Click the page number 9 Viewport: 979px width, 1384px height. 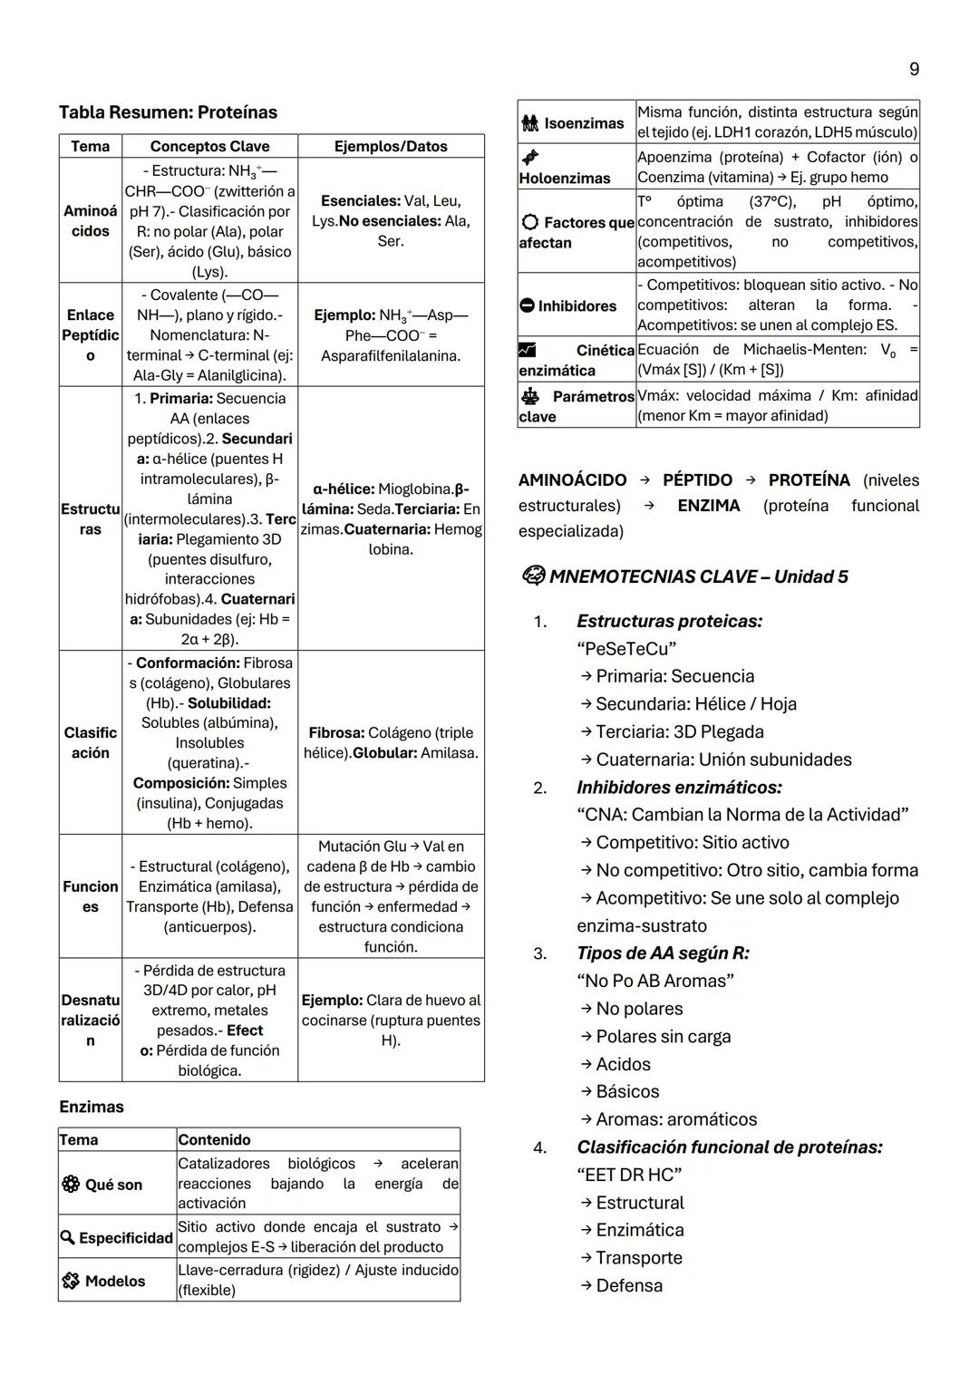[914, 69]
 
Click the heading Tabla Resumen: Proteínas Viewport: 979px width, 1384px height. [168, 112]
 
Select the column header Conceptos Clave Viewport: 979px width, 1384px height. [209, 146]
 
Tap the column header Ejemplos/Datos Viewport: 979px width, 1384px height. [391, 146]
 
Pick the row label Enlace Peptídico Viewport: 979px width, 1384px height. [91, 335]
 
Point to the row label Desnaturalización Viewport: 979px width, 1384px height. [91, 1020]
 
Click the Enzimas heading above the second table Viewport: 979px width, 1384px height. [92, 1107]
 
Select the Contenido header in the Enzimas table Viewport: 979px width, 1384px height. [214, 1139]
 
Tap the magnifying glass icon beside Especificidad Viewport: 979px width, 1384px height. [67, 1238]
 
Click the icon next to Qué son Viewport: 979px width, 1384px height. [70, 1185]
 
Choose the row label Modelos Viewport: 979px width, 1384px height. [114, 1281]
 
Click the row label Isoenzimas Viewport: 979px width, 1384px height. [584, 122]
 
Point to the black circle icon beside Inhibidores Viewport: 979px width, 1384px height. [527, 306]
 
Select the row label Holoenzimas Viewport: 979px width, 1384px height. [564, 179]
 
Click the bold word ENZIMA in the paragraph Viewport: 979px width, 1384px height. [709, 506]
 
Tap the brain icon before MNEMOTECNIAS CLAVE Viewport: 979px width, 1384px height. [533, 576]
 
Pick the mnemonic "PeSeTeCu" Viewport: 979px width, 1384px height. [626, 649]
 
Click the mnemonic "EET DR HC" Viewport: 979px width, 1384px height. [629, 1175]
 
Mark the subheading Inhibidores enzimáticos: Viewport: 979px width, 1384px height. [679, 788]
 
